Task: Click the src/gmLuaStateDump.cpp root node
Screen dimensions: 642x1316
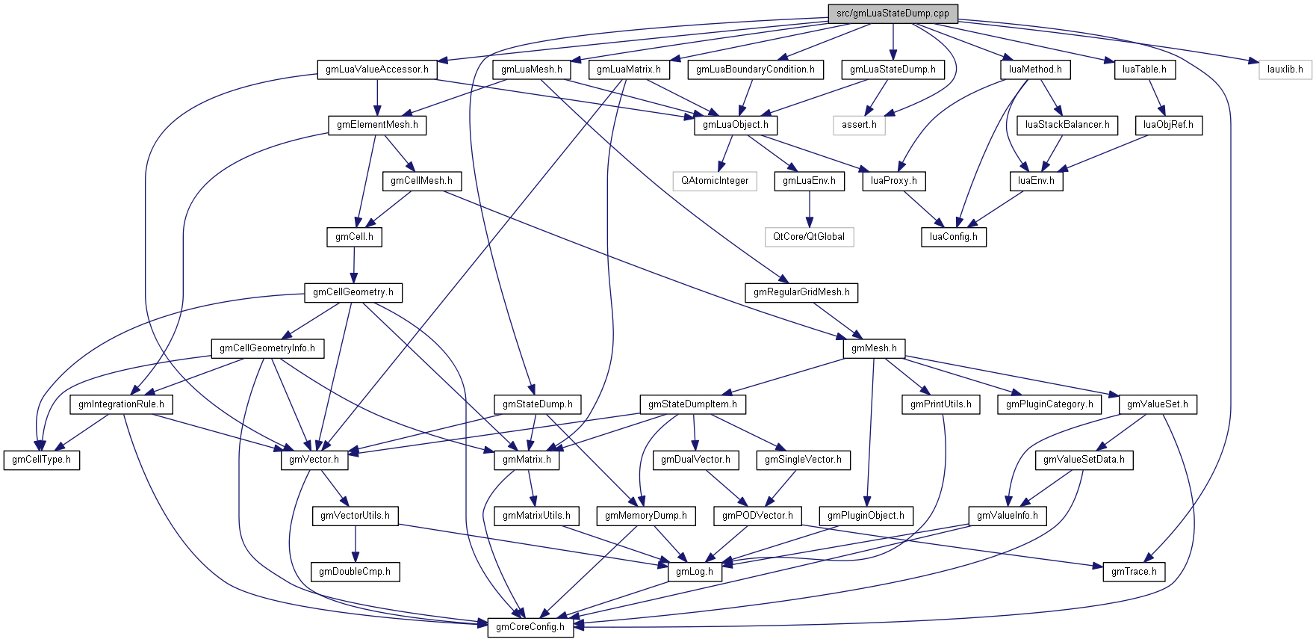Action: pos(893,13)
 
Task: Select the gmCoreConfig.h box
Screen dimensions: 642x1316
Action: pos(530,627)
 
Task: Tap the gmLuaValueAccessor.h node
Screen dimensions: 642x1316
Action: pos(376,70)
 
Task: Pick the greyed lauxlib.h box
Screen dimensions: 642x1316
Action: pos(1285,70)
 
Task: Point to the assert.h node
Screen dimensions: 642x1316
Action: pos(859,125)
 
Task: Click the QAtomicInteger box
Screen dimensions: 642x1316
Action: pos(715,181)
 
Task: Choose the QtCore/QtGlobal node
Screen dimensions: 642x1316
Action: pos(809,237)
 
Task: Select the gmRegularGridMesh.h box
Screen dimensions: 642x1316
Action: pos(801,292)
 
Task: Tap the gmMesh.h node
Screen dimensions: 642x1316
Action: pos(874,348)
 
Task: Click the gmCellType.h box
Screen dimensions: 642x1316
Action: pos(42,460)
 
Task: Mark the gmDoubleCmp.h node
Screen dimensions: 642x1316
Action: pos(355,572)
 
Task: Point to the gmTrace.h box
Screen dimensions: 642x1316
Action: pos(1134,572)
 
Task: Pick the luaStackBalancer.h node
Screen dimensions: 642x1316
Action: pos(1067,125)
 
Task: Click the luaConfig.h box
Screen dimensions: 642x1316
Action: pos(953,237)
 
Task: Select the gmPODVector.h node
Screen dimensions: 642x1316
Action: pos(757,516)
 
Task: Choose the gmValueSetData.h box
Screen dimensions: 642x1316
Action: pos(1084,460)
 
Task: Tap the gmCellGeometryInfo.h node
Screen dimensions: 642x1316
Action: pos(267,348)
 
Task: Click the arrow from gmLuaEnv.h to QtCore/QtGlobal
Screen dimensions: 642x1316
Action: pos(809,209)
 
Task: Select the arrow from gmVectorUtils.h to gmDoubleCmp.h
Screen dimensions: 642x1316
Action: pos(356,543)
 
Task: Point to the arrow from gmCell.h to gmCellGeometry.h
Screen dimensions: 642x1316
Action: pos(354,265)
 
